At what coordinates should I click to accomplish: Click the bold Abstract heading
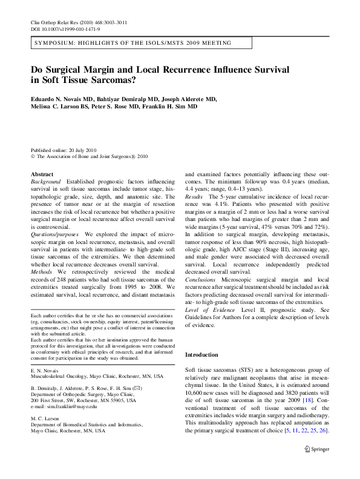[42, 173]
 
